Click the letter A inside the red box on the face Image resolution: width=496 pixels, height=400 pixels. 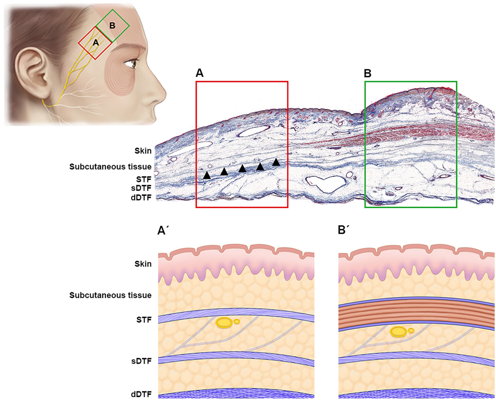point(95,42)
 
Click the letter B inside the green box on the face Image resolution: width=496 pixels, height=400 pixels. point(112,26)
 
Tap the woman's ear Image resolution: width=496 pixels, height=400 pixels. point(30,71)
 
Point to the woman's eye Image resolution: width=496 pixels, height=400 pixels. point(131,64)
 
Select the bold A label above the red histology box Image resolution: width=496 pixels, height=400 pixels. point(200,73)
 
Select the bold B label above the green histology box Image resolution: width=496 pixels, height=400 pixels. point(367,73)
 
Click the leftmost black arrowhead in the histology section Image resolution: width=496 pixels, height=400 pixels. point(207,175)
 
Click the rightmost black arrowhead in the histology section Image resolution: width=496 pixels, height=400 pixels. point(276,162)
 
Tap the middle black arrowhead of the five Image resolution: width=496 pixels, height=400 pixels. point(243,168)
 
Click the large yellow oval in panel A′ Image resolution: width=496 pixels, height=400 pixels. point(224,323)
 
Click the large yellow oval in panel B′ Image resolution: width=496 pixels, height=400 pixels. point(399,331)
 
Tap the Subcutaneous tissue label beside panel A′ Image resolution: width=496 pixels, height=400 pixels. point(110,295)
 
